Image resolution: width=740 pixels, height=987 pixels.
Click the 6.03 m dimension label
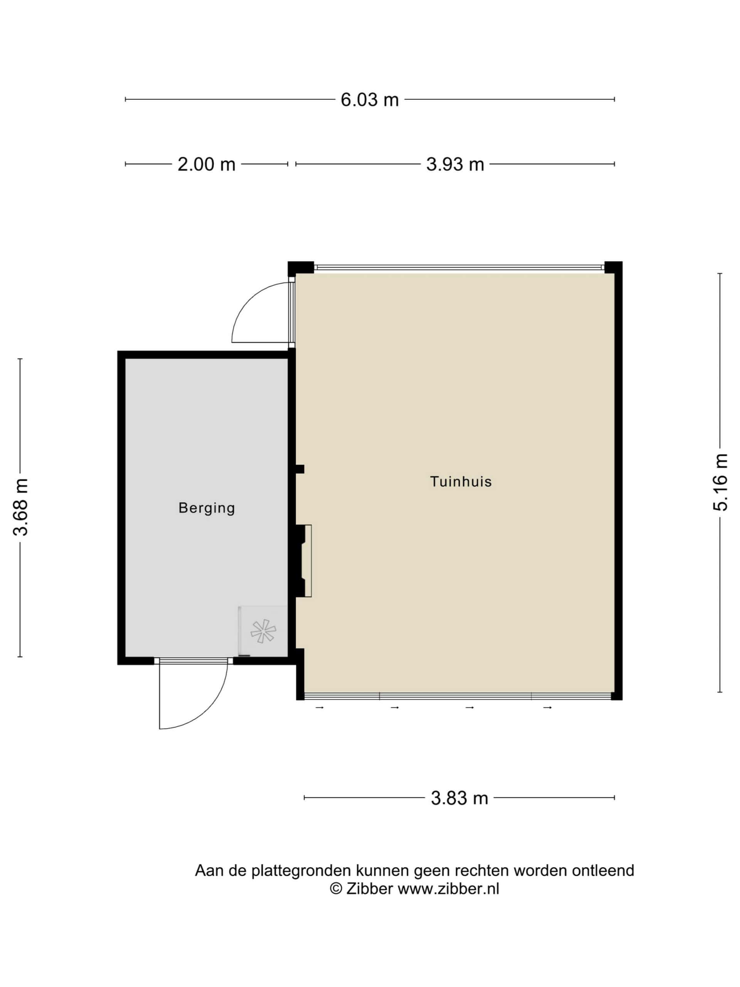[369, 99]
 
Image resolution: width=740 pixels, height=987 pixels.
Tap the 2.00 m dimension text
[206, 164]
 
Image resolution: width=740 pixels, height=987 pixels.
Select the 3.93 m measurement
[455, 164]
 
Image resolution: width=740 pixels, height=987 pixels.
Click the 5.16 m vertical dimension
[720, 482]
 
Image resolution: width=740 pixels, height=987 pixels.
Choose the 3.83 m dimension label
[459, 798]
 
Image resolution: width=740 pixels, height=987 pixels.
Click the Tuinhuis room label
[461, 482]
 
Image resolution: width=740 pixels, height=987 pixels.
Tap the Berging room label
[207, 508]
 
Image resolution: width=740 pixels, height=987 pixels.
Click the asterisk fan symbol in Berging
[263, 631]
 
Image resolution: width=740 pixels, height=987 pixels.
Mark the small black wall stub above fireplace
[300, 469]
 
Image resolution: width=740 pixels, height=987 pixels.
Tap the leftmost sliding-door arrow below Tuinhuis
[320, 708]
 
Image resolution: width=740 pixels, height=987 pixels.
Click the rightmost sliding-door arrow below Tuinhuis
[548, 708]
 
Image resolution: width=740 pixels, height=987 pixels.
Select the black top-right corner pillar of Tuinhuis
[613, 267]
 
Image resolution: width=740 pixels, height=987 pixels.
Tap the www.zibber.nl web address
[448, 889]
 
